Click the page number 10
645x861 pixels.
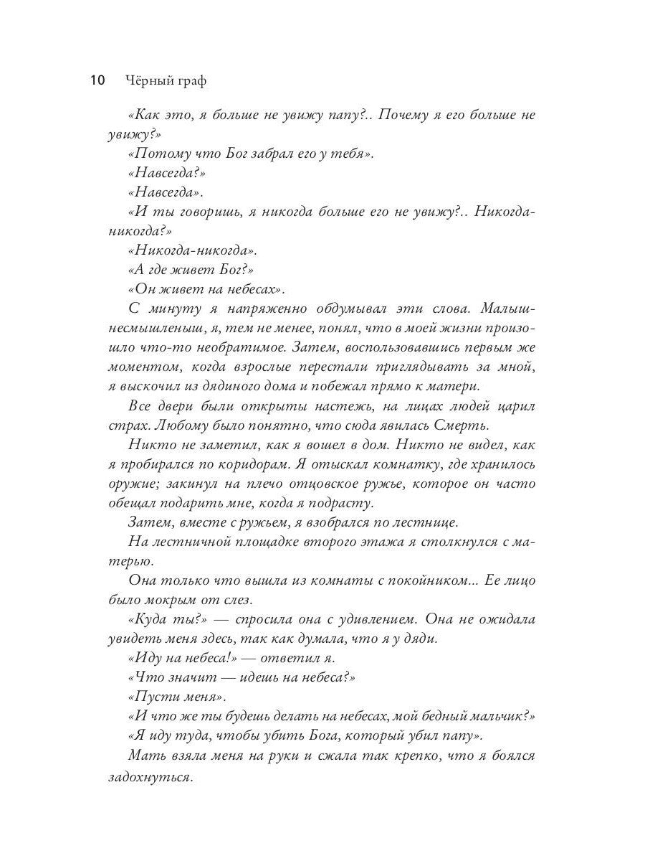click(97, 80)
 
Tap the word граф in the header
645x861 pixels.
click(190, 81)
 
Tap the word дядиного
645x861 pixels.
click(242, 386)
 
